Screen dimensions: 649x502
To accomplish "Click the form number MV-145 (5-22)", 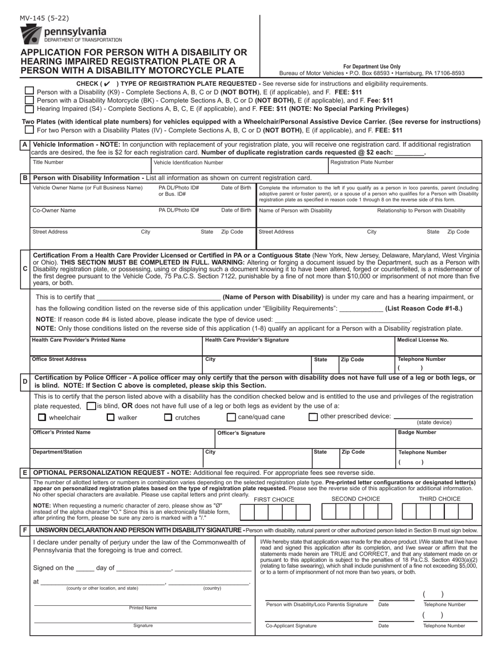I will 44,18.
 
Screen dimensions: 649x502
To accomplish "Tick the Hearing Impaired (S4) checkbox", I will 30,109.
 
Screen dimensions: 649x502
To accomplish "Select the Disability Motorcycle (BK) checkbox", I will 30,100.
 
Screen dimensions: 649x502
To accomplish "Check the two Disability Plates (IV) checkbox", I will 30,130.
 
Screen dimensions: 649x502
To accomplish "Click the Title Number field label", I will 48,163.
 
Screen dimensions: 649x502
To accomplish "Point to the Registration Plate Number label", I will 361,163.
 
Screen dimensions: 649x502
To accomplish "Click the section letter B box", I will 25,178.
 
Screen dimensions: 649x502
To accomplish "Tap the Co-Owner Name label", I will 54,211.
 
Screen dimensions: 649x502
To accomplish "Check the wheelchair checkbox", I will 42,417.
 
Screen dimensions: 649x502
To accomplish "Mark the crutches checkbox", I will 168,417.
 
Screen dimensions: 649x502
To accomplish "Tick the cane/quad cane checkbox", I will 231,417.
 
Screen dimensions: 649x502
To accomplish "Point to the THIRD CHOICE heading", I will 439,499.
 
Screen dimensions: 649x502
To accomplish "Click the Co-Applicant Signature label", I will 291,626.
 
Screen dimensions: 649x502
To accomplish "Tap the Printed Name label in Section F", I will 143,608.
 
